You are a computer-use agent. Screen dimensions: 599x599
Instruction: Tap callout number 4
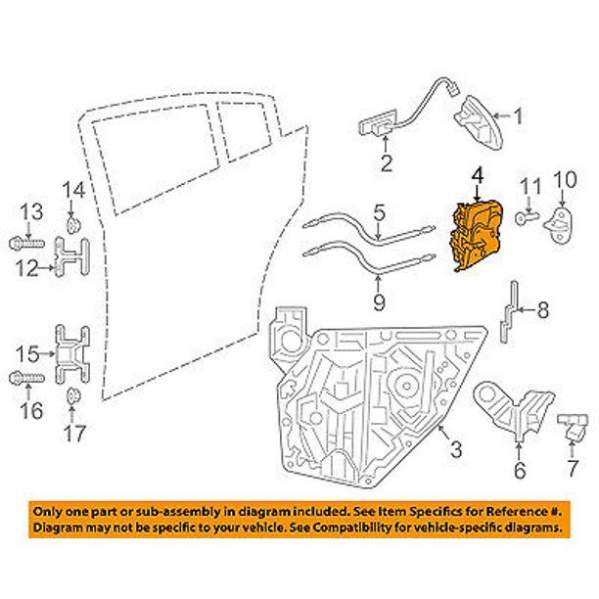477,176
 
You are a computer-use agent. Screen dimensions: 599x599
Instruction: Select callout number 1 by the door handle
518,120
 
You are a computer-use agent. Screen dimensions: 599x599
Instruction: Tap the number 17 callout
74,430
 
